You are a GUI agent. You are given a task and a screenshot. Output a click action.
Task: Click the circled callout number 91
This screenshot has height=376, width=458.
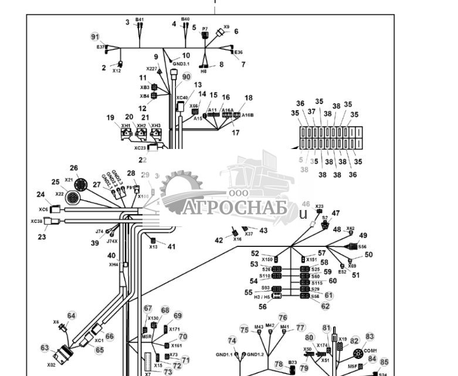pyautogui.click(x=95, y=37)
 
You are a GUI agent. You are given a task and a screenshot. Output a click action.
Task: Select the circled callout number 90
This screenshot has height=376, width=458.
pyautogui.click(x=186, y=77)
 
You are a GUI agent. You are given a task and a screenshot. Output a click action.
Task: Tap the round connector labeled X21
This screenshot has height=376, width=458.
pyautogui.click(x=81, y=186)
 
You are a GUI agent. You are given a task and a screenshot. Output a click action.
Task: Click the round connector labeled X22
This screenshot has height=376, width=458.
pyautogui.click(x=73, y=198)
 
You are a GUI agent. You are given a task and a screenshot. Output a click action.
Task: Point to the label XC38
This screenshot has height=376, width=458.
pyautogui.click(x=36, y=222)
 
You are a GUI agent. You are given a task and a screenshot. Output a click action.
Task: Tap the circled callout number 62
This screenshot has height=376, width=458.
pyautogui.click(x=325, y=306)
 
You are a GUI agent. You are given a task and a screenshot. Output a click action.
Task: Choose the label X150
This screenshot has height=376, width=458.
pyautogui.click(x=267, y=259)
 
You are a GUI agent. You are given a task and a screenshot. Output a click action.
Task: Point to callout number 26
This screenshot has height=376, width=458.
pyautogui.click(x=74, y=168)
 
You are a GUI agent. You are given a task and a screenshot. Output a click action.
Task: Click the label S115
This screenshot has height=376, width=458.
pyautogui.click(x=317, y=283)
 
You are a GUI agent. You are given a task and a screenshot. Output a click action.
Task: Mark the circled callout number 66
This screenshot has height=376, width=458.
pyautogui.click(x=110, y=337)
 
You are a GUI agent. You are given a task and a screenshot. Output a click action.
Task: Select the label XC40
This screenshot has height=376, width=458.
pyautogui.click(x=182, y=98)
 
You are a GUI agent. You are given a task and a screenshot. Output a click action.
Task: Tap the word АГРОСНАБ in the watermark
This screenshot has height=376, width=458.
pyautogui.click(x=235, y=208)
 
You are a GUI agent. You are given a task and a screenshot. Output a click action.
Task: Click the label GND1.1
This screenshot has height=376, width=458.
pyautogui.click(x=224, y=354)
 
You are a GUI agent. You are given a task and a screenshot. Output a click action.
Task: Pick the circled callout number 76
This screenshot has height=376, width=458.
pyautogui.click(x=283, y=317)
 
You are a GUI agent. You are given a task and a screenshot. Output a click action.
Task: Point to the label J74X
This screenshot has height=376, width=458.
pyautogui.click(x=111, y=241)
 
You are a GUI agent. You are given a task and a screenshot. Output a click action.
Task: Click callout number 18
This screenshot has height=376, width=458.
pyautogui.click(x=249, y=98)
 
